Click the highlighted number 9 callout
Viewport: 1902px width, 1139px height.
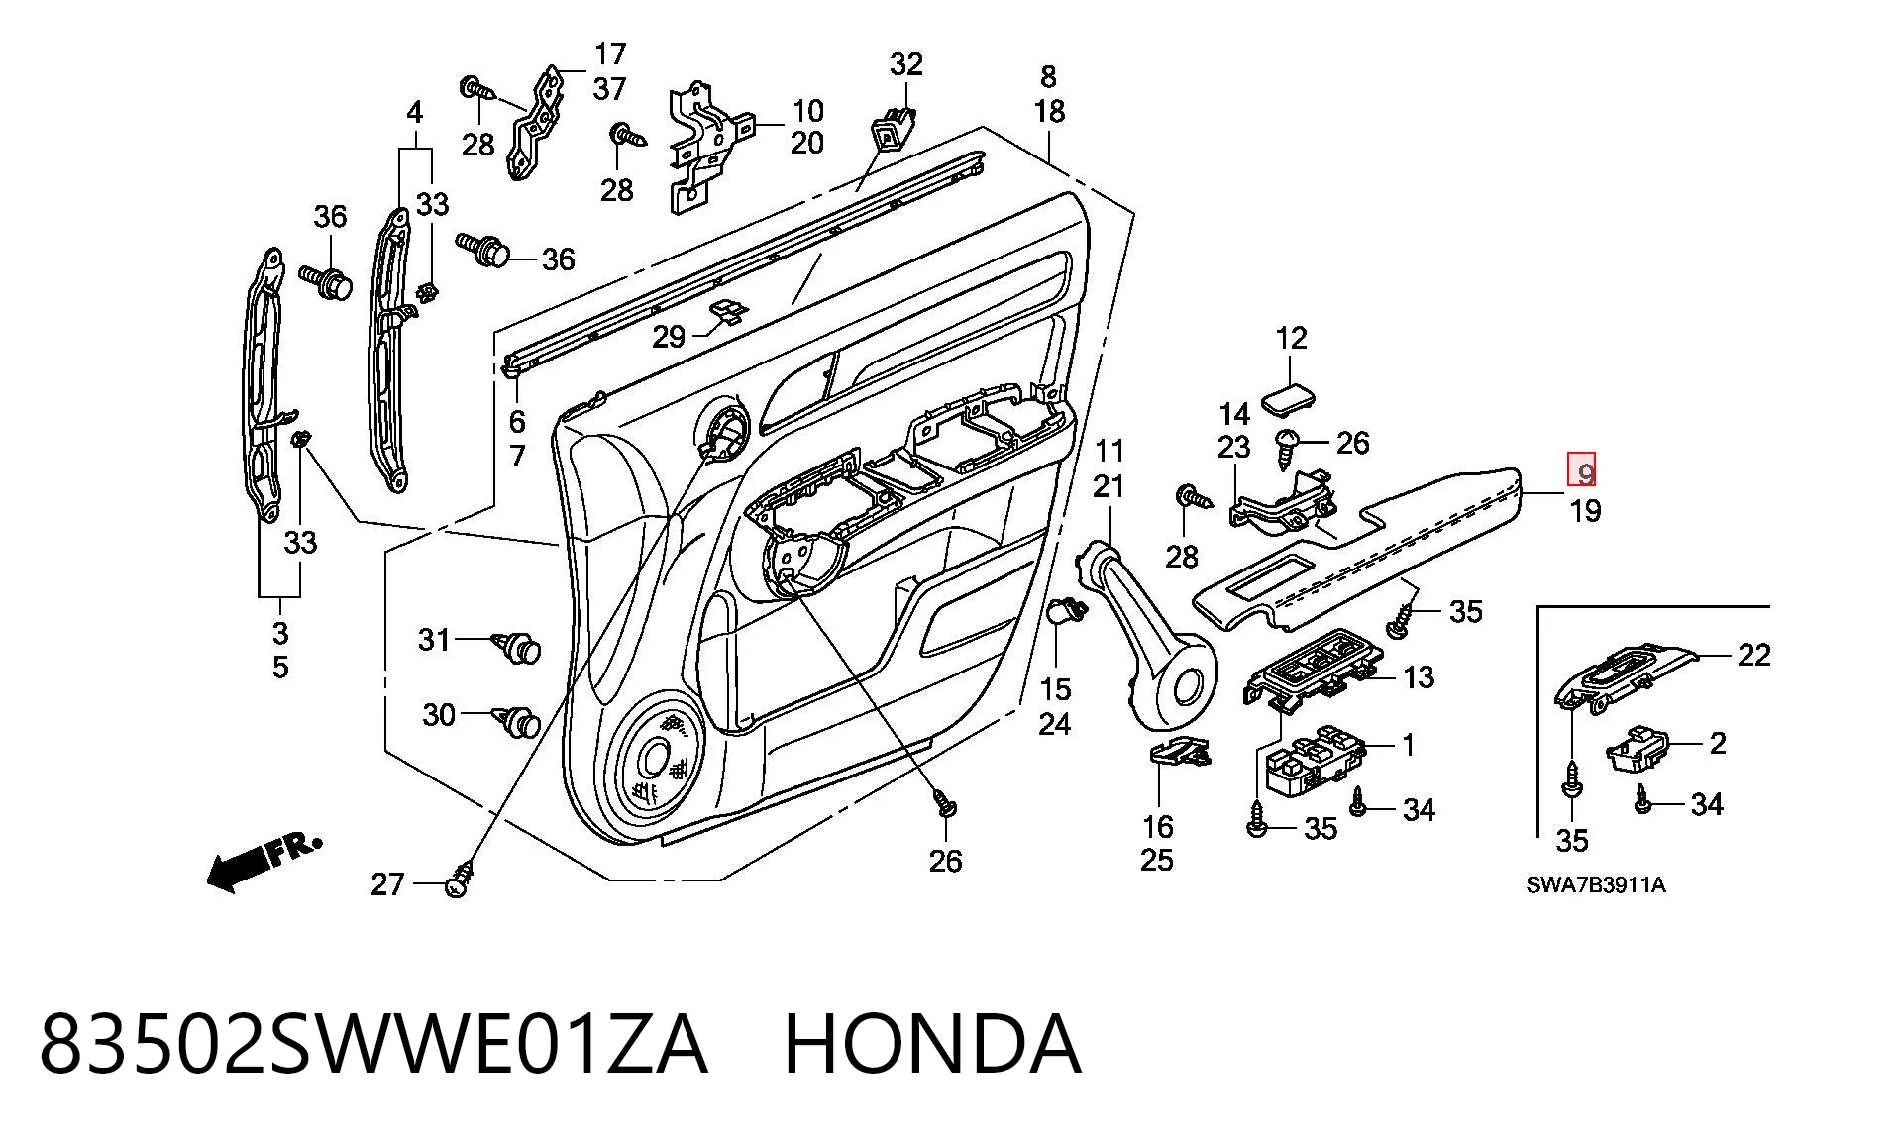(1581, 470)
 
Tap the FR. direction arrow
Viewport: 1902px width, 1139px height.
(263, 864)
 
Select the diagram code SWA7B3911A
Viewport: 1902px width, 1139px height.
(1595, 884)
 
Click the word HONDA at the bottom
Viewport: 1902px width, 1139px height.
(932, 1043)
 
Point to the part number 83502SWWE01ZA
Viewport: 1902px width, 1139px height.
(373, 1043)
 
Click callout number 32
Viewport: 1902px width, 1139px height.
(906, 64)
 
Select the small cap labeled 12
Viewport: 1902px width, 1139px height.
(1290, 399)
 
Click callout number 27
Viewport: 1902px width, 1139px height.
(388, 883)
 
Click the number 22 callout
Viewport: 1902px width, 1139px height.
(1753, 655)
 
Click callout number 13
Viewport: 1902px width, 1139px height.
(1419, 677)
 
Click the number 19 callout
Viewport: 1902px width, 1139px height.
(1585, 511)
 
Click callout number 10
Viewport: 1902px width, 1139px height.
(807, 110)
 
